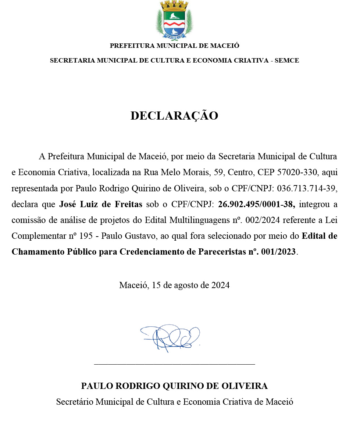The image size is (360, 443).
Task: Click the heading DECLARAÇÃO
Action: coord(174,116)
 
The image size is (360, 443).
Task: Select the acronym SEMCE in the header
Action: coord(287,60)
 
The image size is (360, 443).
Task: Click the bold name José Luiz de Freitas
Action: coord(100,204)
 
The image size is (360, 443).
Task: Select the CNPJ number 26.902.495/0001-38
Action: coord(256,204)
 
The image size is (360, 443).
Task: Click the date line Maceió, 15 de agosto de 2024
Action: coord(174,285)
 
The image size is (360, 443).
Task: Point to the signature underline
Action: coord(174,364)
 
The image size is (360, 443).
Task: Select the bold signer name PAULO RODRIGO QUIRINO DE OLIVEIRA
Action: coord(174,386)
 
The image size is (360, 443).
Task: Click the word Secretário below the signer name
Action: coord(75,402)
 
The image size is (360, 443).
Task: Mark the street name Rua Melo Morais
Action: coord(172,172)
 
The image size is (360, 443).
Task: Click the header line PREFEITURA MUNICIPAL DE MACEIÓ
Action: coord(174,46)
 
